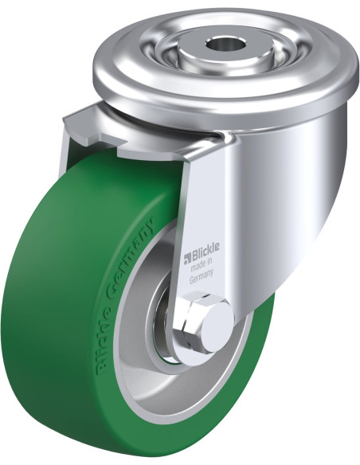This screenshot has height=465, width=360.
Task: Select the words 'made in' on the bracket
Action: tap(202, 267)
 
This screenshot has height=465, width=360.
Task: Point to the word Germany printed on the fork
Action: tap(202, 279)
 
